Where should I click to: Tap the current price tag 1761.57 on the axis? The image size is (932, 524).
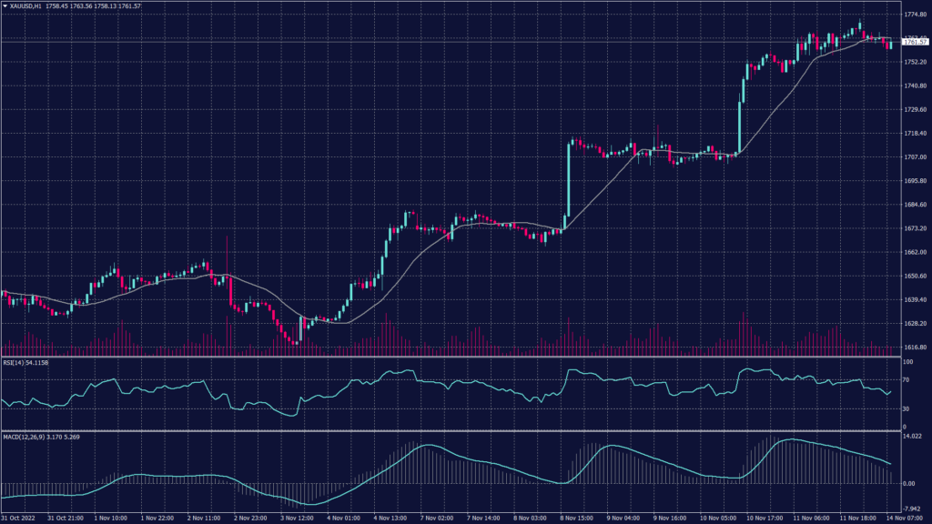914,42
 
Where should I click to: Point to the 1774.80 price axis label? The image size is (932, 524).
915,15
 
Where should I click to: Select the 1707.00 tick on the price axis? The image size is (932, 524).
915,157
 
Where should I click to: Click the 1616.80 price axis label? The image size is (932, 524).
915,348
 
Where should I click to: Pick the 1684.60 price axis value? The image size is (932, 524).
915,205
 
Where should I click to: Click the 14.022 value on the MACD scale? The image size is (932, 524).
911,438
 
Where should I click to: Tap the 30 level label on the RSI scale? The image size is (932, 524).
906,409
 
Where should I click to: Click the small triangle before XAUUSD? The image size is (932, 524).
5,6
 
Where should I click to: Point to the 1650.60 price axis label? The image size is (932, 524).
915,277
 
